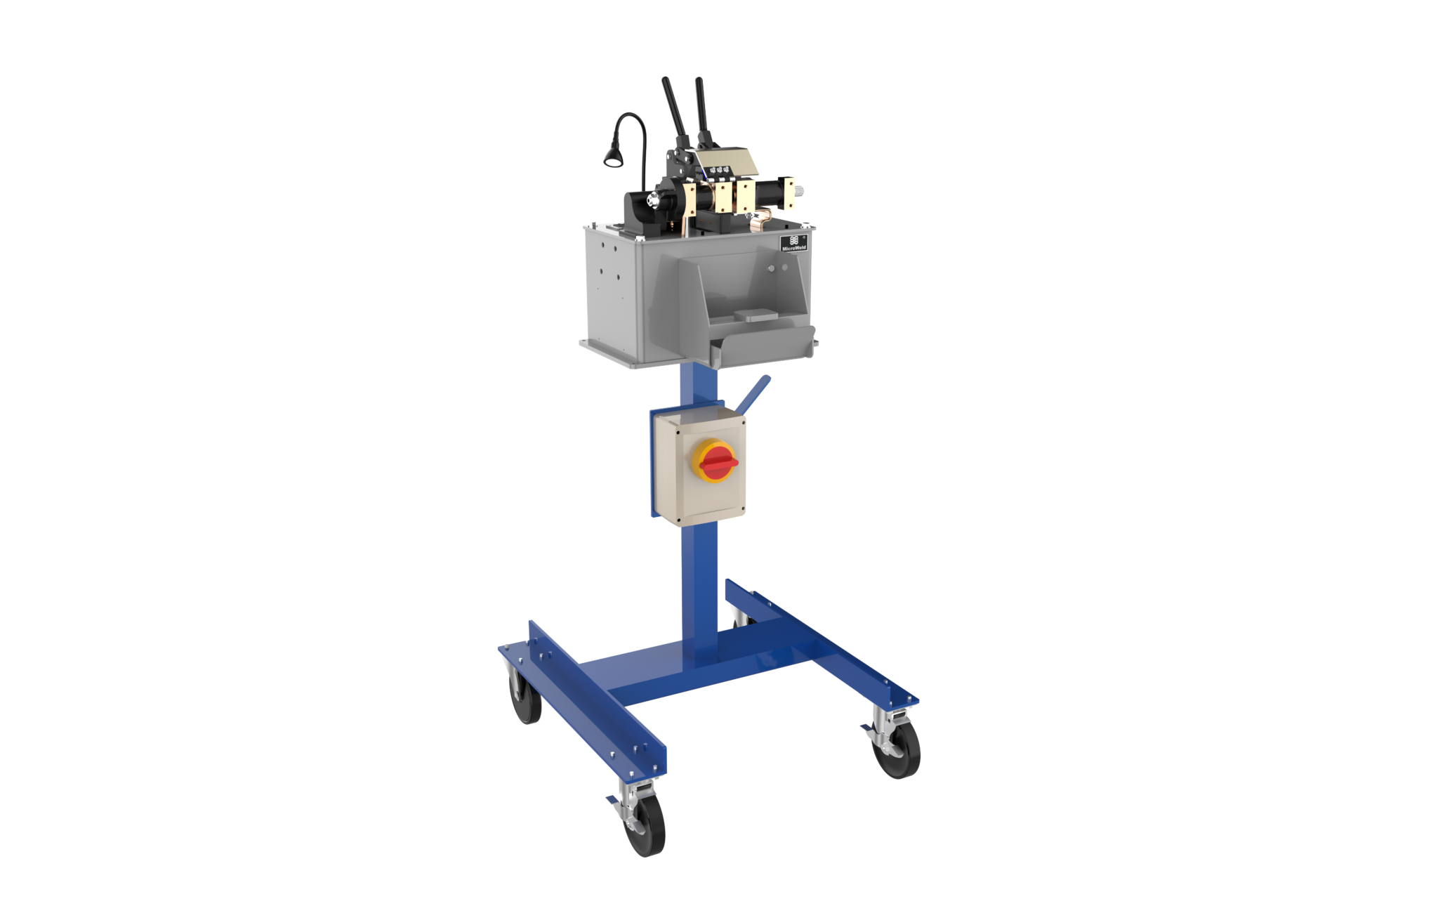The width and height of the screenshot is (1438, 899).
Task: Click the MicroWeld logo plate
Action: point(794,243)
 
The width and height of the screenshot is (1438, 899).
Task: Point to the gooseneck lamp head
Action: point(613,158)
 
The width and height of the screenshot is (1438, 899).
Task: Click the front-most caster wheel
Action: point(645,825)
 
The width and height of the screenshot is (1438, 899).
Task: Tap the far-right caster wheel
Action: point(897,750)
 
